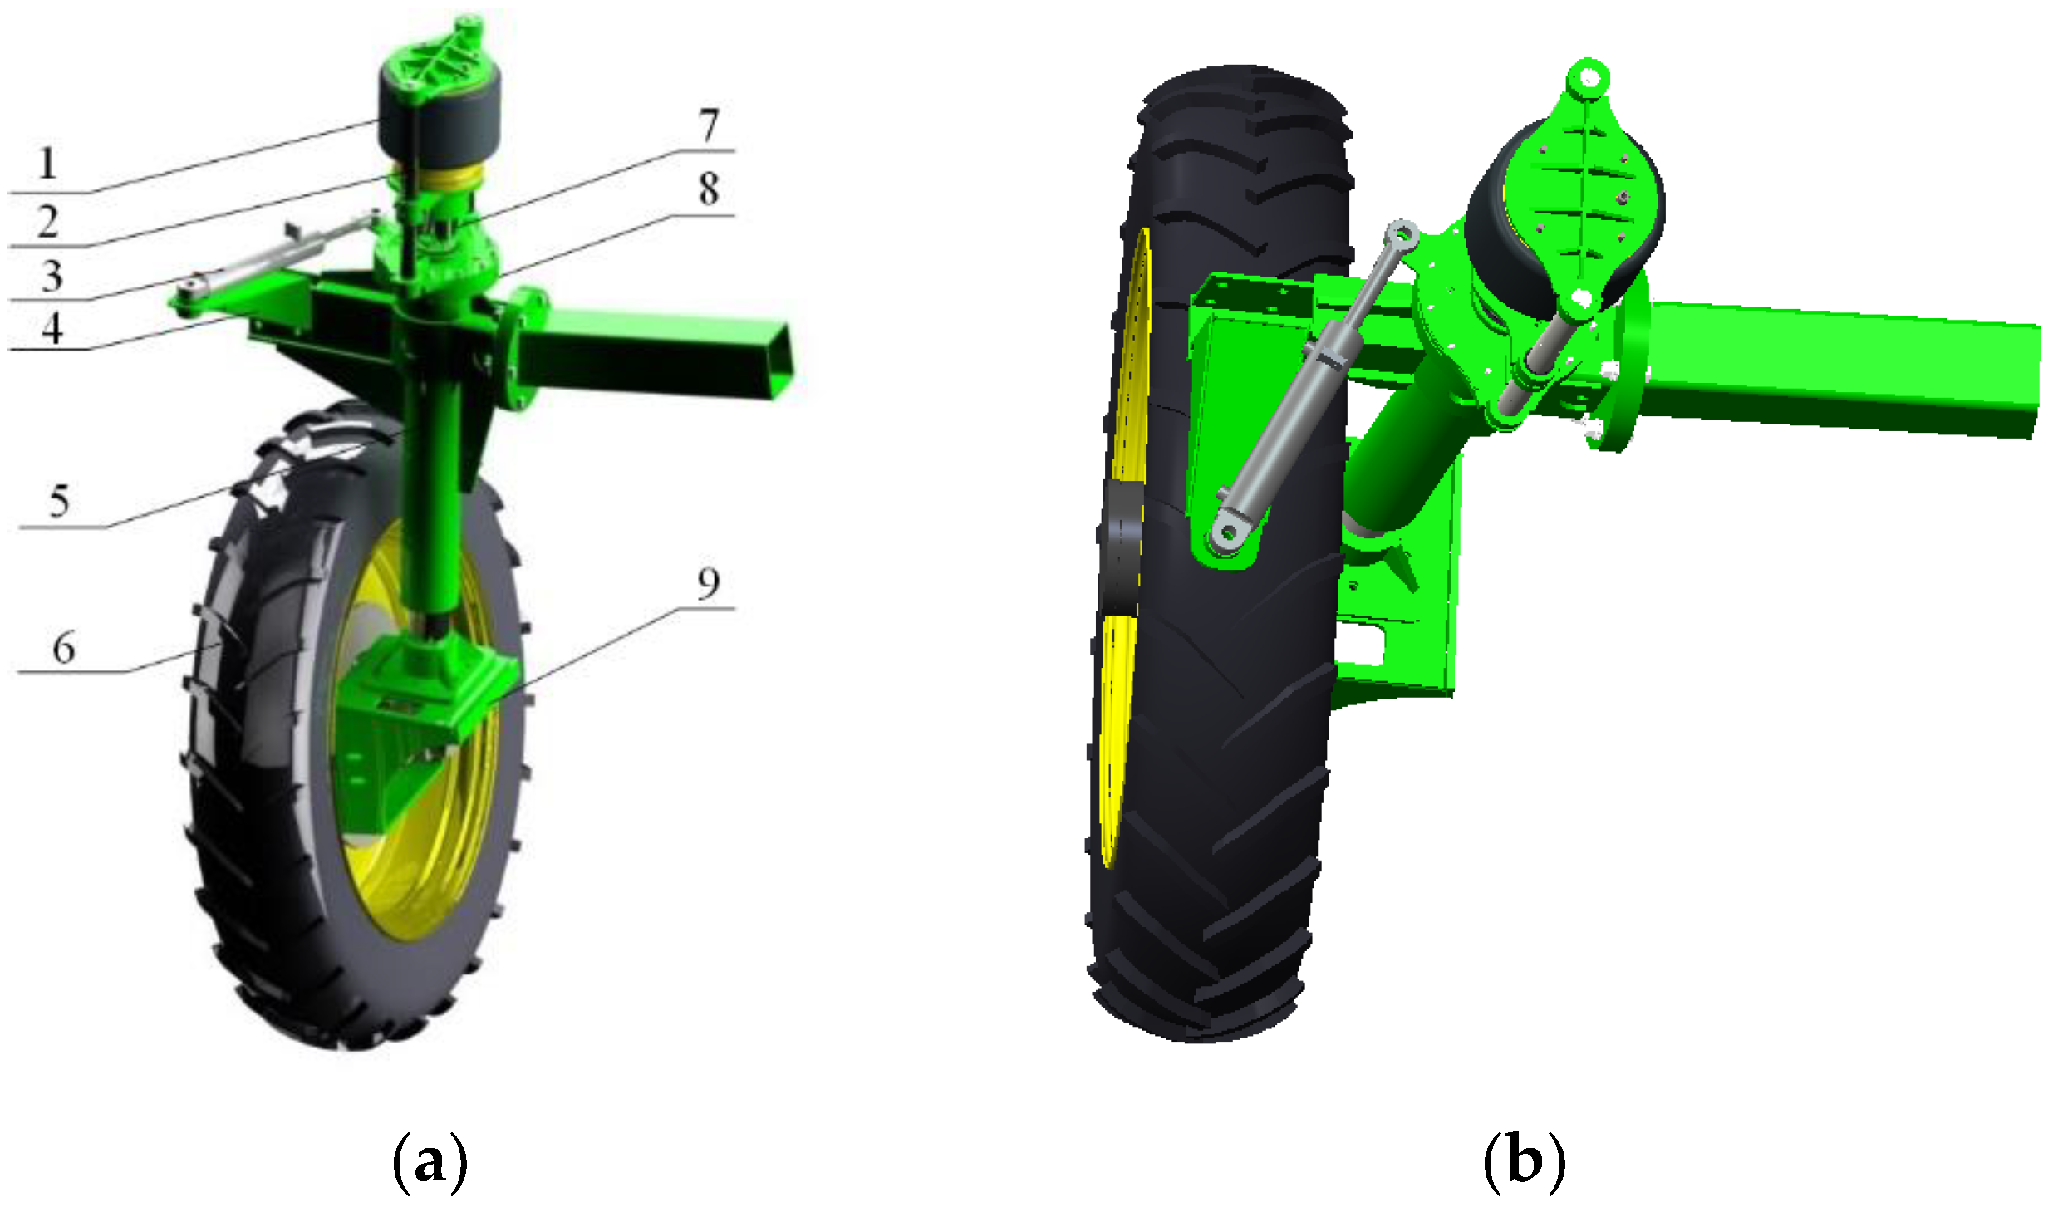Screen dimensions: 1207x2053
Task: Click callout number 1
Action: (47, 164)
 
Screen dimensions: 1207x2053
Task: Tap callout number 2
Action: (48, 223)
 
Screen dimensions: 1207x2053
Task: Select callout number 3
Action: (52, 276)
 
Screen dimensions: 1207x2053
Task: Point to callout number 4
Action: (52, 328)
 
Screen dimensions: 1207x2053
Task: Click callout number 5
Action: (59, 501)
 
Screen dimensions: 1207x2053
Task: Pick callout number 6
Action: (64, 648)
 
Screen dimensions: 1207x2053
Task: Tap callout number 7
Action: (708, 125)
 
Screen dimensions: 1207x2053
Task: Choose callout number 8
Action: (708, 189)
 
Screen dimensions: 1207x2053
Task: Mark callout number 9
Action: (708, 583)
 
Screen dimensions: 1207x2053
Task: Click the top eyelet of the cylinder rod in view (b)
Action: (1403, 233)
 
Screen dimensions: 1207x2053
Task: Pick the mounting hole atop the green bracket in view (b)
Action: (1588, 79)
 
